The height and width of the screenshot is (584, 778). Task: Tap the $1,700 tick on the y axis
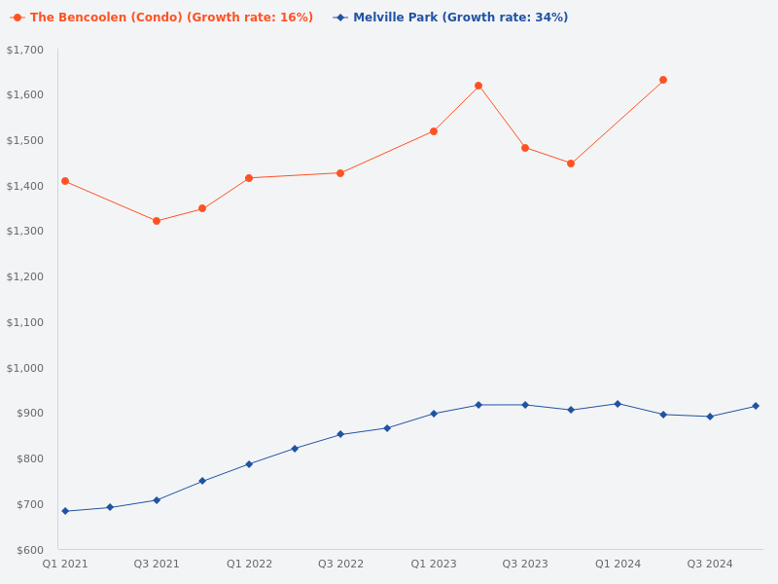(x=25, y=50)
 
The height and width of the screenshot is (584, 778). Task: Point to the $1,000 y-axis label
(x=25, y=368)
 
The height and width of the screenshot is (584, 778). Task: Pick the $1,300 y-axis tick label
(x=25, y=232)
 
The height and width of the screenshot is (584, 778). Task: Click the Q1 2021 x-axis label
(x=65, y=564)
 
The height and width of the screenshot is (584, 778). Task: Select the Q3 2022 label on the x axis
(x=340, y=564)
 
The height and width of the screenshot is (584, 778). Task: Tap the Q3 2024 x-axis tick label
(x=710, y=564)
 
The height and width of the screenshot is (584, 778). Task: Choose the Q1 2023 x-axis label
(x=434, y=564)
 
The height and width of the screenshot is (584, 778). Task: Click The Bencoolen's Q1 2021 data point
(x=65, y=181)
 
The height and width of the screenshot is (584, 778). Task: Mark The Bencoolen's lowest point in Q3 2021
(x=157, y=221)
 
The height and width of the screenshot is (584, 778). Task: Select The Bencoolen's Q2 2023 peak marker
(x=478, y=86)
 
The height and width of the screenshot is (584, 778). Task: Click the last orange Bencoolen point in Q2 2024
(x=663, y=80)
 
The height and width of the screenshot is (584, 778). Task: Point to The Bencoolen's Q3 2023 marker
(x=525, y=148)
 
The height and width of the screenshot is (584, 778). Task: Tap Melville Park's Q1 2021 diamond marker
(x=65, y=511)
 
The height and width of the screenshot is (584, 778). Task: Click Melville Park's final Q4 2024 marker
(x=756, y=406)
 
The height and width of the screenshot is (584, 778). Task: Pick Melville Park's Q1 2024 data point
(x=618, y=404)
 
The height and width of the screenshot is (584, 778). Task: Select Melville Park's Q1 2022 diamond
(x=249, y=464)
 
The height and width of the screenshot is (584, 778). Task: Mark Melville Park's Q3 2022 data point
(x=340, y=434)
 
